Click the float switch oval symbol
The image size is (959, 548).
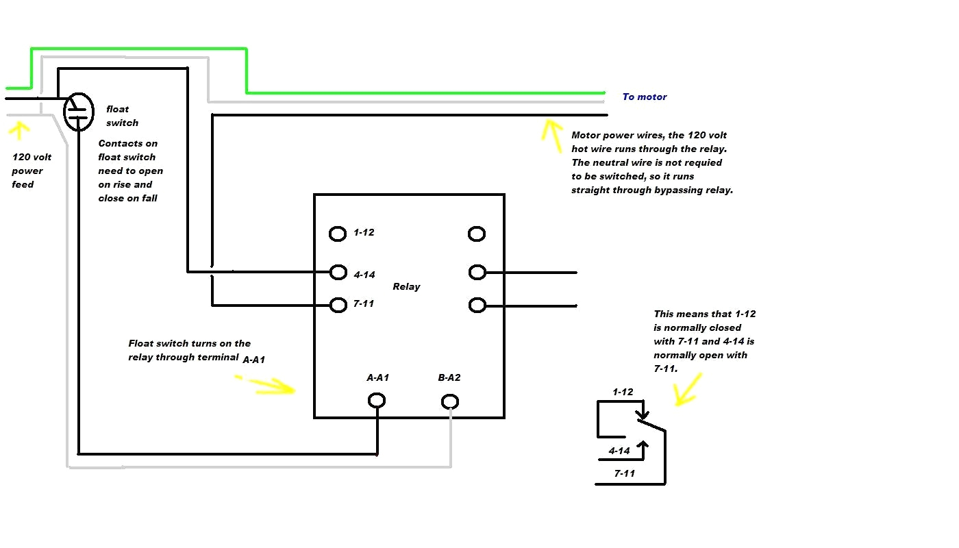click(78, 112)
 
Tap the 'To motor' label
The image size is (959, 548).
click(644, 97)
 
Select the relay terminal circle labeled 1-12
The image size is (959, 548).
click(338, 234)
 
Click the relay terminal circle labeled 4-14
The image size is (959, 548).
click(338, 272)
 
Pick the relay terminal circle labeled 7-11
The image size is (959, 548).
click(338, 305)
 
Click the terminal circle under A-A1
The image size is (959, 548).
click(376, 400)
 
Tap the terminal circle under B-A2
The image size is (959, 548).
click(449, 401)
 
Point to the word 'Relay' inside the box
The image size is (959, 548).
click(406, 286)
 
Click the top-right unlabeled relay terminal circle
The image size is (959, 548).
click(477, 234)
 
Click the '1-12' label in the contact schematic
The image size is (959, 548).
click(623, 392)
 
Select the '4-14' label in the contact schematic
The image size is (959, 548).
click(619, 451)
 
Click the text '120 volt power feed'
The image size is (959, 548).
click(31, 171)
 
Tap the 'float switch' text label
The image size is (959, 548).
click(122, 116)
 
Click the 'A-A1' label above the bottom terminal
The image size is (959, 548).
click(378, 377)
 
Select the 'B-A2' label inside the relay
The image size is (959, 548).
click(449, 377)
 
